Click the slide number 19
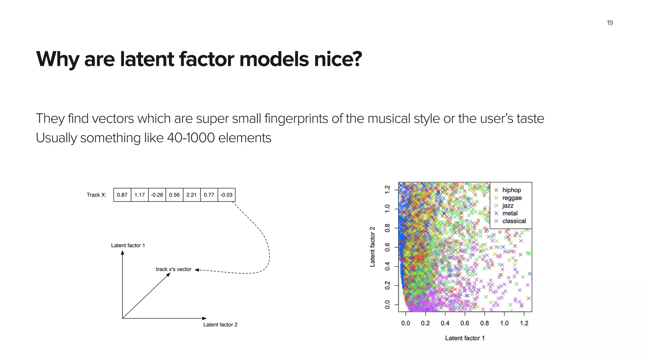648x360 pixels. [610, 23]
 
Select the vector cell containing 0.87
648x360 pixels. [122, 195]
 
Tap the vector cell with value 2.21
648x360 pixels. [191, 195]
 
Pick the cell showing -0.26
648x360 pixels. [157, 195]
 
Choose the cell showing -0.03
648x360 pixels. [226, 195]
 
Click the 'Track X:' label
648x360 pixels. [97, 195]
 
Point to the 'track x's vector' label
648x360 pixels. [173, 269]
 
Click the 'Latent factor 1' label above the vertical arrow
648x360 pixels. [128, 245]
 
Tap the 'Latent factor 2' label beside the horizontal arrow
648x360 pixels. [220, 325]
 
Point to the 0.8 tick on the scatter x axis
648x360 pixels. [484, 323]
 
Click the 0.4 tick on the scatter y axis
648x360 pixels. [387, 267]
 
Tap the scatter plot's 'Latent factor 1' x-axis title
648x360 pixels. [464, 338]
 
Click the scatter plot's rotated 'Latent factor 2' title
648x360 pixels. [372, 247]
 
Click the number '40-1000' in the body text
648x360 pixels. [191, 138]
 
